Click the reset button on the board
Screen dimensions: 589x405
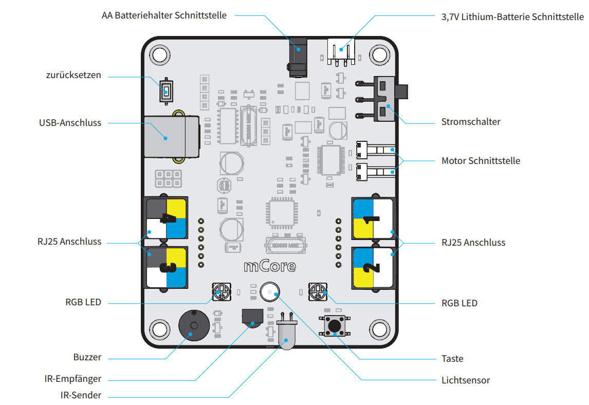tap(166, 91)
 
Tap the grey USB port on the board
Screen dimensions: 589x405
tap(172, 137)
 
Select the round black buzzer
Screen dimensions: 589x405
tap(194, 325)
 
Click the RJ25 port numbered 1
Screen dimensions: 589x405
tap(373, 219)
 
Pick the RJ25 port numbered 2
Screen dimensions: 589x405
tap(373, 268)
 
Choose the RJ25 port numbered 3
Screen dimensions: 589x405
tap(165, 267)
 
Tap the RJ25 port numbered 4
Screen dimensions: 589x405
tap(165, 218)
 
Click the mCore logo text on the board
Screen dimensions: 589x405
tap(270, 266)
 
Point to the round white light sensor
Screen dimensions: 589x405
tap(270, 292)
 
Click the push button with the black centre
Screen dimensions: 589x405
tap(334, 325)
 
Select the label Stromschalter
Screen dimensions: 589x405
tap(471, 122)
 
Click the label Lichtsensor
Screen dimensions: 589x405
tap(466, 380)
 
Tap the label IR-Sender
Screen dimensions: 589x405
tap(81, 395)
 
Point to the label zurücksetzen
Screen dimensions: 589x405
tap(73, 75)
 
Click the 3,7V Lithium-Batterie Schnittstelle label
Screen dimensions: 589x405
tap(512, 17)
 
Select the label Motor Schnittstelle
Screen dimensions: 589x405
tap(481, 161)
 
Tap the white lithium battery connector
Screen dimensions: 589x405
tap(341, 52)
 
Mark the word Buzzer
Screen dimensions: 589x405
tap(87, 357)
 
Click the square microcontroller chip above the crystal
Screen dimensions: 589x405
tap(282, 213)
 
